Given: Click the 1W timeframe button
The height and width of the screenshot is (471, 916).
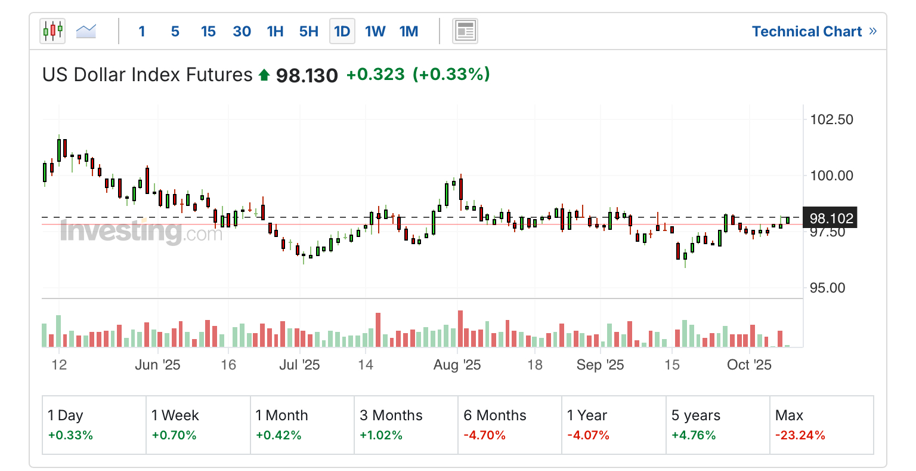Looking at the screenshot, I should (x=375, y=32).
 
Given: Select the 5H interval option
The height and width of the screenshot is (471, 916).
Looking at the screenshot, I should (x=309, y=32).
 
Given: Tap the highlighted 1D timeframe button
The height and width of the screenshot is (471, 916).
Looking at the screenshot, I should (x=342, y=32).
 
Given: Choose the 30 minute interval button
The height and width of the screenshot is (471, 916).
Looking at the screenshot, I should (x=242, y=32).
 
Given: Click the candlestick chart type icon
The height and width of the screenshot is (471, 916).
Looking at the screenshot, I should (x=52, y=31).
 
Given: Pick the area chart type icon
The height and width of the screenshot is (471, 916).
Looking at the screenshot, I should (x=86, y=31).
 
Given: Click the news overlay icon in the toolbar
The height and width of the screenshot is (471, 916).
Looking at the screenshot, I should (x=465, y=31).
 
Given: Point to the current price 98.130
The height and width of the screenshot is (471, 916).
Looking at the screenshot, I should (x=307, y=75).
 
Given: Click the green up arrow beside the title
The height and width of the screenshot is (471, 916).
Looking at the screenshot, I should (x=264, y=75).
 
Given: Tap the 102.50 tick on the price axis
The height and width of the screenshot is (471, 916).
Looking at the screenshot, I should (x=831, y=119).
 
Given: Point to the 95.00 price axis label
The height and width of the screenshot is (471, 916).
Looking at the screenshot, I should (x=827, y=288).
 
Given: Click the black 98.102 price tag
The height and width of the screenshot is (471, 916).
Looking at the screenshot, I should (x=831, y=218).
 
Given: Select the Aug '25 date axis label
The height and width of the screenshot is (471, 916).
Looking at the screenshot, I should (x=457, y=365).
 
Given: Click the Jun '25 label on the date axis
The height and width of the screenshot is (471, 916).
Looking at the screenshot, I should (x=157, y=365).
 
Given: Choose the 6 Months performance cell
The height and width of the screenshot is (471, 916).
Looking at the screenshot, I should (x=509, y=424).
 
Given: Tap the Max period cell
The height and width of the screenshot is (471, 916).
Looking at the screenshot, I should (x=821, y=424).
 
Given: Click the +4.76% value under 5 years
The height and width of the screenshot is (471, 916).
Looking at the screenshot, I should (x=694, y=435).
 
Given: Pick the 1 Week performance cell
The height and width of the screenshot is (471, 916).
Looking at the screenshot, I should (x=198, y=424).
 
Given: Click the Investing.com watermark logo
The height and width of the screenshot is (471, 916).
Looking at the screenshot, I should (x=141, y=232).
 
